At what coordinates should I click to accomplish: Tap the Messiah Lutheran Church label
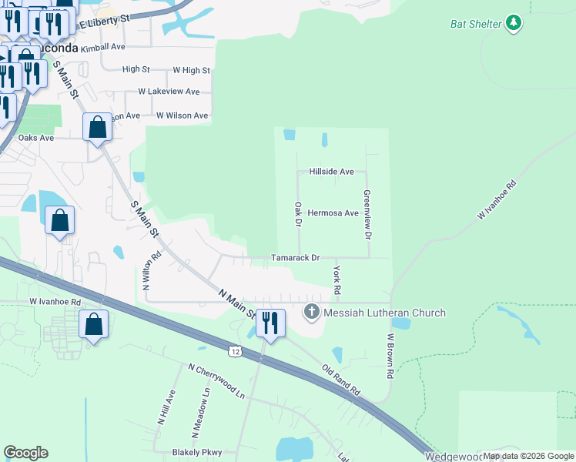(x=384, y=313)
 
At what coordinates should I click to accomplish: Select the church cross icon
(x=312, y=312)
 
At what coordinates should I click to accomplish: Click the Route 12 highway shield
(x=233, y=351)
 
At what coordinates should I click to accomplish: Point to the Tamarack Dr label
(x=294, y=259)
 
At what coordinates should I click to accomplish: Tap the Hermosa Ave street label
(x=333, y=213)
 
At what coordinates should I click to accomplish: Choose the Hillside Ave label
(x=331, y=172)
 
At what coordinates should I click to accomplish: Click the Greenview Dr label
(x=367, y=213)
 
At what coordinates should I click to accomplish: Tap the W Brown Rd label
(x=390, y=355)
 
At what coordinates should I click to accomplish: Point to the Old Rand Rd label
(x=341, y=380)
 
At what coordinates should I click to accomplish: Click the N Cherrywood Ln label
(x=216, y=380)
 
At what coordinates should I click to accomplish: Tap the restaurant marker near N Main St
(x=269, y=322)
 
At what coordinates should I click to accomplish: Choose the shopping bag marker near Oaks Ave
(x=98, y=128)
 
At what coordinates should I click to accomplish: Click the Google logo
(x=25, y=453)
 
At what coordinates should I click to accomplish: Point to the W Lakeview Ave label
(x=169, y=92)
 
